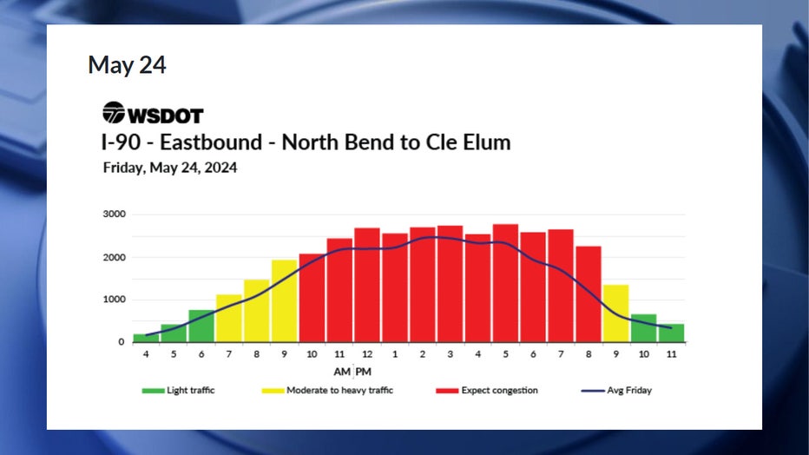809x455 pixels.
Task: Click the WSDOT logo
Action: pyautogui.click(x=153, y=113)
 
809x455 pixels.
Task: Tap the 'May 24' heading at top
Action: pyautogui.click(x=127, y=65)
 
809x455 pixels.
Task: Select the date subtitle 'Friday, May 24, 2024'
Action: pyautogui.click(x=170, y=168)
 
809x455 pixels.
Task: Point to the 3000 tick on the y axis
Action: pyautogui.click(x=114, y=214)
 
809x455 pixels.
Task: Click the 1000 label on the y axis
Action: pyautogui.click(x=114, y=300)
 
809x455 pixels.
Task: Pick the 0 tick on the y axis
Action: pyautogui.click(x=122, y=342)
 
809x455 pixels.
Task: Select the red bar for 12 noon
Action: pyautogui.click(x=367, y=285)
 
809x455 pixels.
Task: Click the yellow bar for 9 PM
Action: pyautogui.click(x=615, y=313)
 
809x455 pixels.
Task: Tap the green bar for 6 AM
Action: pyautogui.click(x=201, y=326)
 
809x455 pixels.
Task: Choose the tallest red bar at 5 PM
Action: pyautogui.click(x=505, y=283)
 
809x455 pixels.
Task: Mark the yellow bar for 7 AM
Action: pyautogui.click(x=228, y=319)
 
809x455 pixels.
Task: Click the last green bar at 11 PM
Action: pyautogui.click(x=671, y=333)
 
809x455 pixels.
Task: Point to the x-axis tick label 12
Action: pyautogui.click(x=367, y=354)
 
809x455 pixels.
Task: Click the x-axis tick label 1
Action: pyautogui.click(x=395, y=354)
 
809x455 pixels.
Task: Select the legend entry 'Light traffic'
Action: pyautogui.click(x=179, y=391)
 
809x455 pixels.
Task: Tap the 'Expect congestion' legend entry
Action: pyautogui.click(x=487, y=391)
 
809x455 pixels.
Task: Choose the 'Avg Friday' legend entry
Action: pyautogui.click(x=616, y=391)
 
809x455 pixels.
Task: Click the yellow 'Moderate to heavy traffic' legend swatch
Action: pyautogui.click(x=273, y=391)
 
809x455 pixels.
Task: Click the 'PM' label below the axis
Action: pyautogui.click(x=363, y=372)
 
